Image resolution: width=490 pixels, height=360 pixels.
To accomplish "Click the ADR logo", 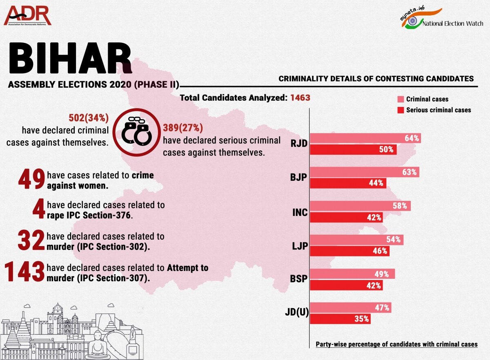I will pos(28,16).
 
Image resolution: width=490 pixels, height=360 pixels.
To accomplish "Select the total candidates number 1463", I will pos(300,98).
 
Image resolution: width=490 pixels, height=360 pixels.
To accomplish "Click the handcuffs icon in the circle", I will pos(135,132).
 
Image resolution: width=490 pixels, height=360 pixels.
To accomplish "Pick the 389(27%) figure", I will pos(183,128).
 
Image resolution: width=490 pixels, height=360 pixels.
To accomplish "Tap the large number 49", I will pos(31,180).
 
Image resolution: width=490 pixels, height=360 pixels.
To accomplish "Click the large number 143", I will pos(24,272).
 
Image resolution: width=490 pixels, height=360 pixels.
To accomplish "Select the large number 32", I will pos(31,241).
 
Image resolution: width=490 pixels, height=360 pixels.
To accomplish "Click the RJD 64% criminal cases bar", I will pos(365,138).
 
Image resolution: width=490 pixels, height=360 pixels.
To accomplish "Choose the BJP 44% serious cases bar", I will pos(348,183).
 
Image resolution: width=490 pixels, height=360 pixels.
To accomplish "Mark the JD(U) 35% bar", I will pos(341,319).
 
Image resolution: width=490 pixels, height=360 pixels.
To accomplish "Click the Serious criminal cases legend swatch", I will pos(400,110).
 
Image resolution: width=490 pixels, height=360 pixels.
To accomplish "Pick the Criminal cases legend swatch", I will pos(400,99).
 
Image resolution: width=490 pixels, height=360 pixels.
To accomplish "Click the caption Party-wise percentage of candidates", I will pos(396,344).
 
